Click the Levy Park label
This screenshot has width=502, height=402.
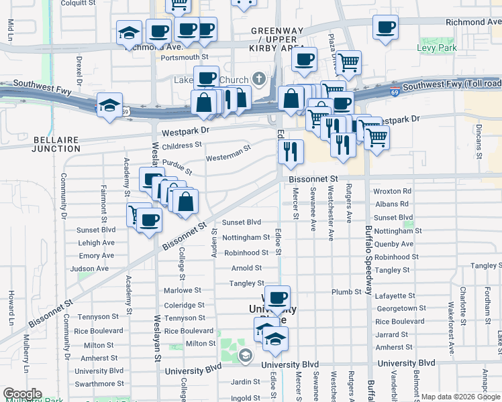point(438,48)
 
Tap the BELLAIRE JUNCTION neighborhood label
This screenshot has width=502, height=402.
point(56,144)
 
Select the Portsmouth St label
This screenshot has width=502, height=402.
point(186,57)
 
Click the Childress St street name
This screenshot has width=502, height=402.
point(182,145)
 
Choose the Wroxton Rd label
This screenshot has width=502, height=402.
point(392,191)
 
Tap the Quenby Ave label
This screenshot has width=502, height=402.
point(394,244)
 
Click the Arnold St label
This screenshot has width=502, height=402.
point(242,268)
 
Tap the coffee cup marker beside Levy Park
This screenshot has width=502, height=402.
point(386,28)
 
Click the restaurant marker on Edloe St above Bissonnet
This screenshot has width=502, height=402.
point(291,151)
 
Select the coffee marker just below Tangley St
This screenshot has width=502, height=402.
point(277,297)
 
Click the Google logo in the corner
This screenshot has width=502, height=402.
point(22,394)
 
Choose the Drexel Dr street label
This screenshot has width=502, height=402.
point(79,67)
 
